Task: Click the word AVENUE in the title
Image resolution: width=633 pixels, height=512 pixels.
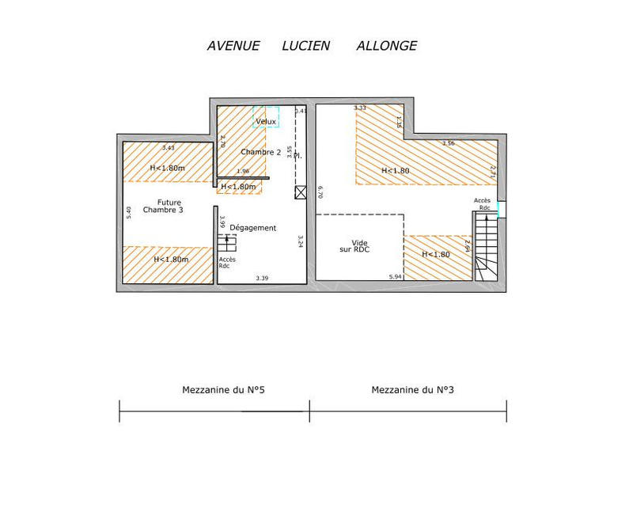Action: pos(233,46)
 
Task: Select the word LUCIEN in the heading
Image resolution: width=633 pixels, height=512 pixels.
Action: pos(306,46)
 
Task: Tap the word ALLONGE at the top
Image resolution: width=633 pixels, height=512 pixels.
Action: pos(386,46)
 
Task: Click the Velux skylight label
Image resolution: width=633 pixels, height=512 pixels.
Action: pos(266,121)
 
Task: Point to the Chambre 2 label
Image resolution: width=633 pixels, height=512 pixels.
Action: pos(261,152)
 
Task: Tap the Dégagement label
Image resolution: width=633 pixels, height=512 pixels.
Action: pos(252,228)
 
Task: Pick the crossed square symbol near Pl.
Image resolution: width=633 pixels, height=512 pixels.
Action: pos(300,192)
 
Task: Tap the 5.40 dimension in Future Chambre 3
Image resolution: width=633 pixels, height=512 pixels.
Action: pos(129,213)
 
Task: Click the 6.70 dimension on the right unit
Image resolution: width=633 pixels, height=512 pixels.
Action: pos(320,192)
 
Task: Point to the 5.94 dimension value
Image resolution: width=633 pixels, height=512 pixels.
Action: pos(396,277)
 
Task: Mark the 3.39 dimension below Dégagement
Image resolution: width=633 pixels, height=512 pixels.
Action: pos(262,278)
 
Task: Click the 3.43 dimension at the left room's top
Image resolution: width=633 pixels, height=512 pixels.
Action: pos(168,148)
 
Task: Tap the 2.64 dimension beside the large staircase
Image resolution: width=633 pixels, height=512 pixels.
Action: pos(468,248)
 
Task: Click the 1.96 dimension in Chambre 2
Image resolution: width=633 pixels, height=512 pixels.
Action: pos(243,172)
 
